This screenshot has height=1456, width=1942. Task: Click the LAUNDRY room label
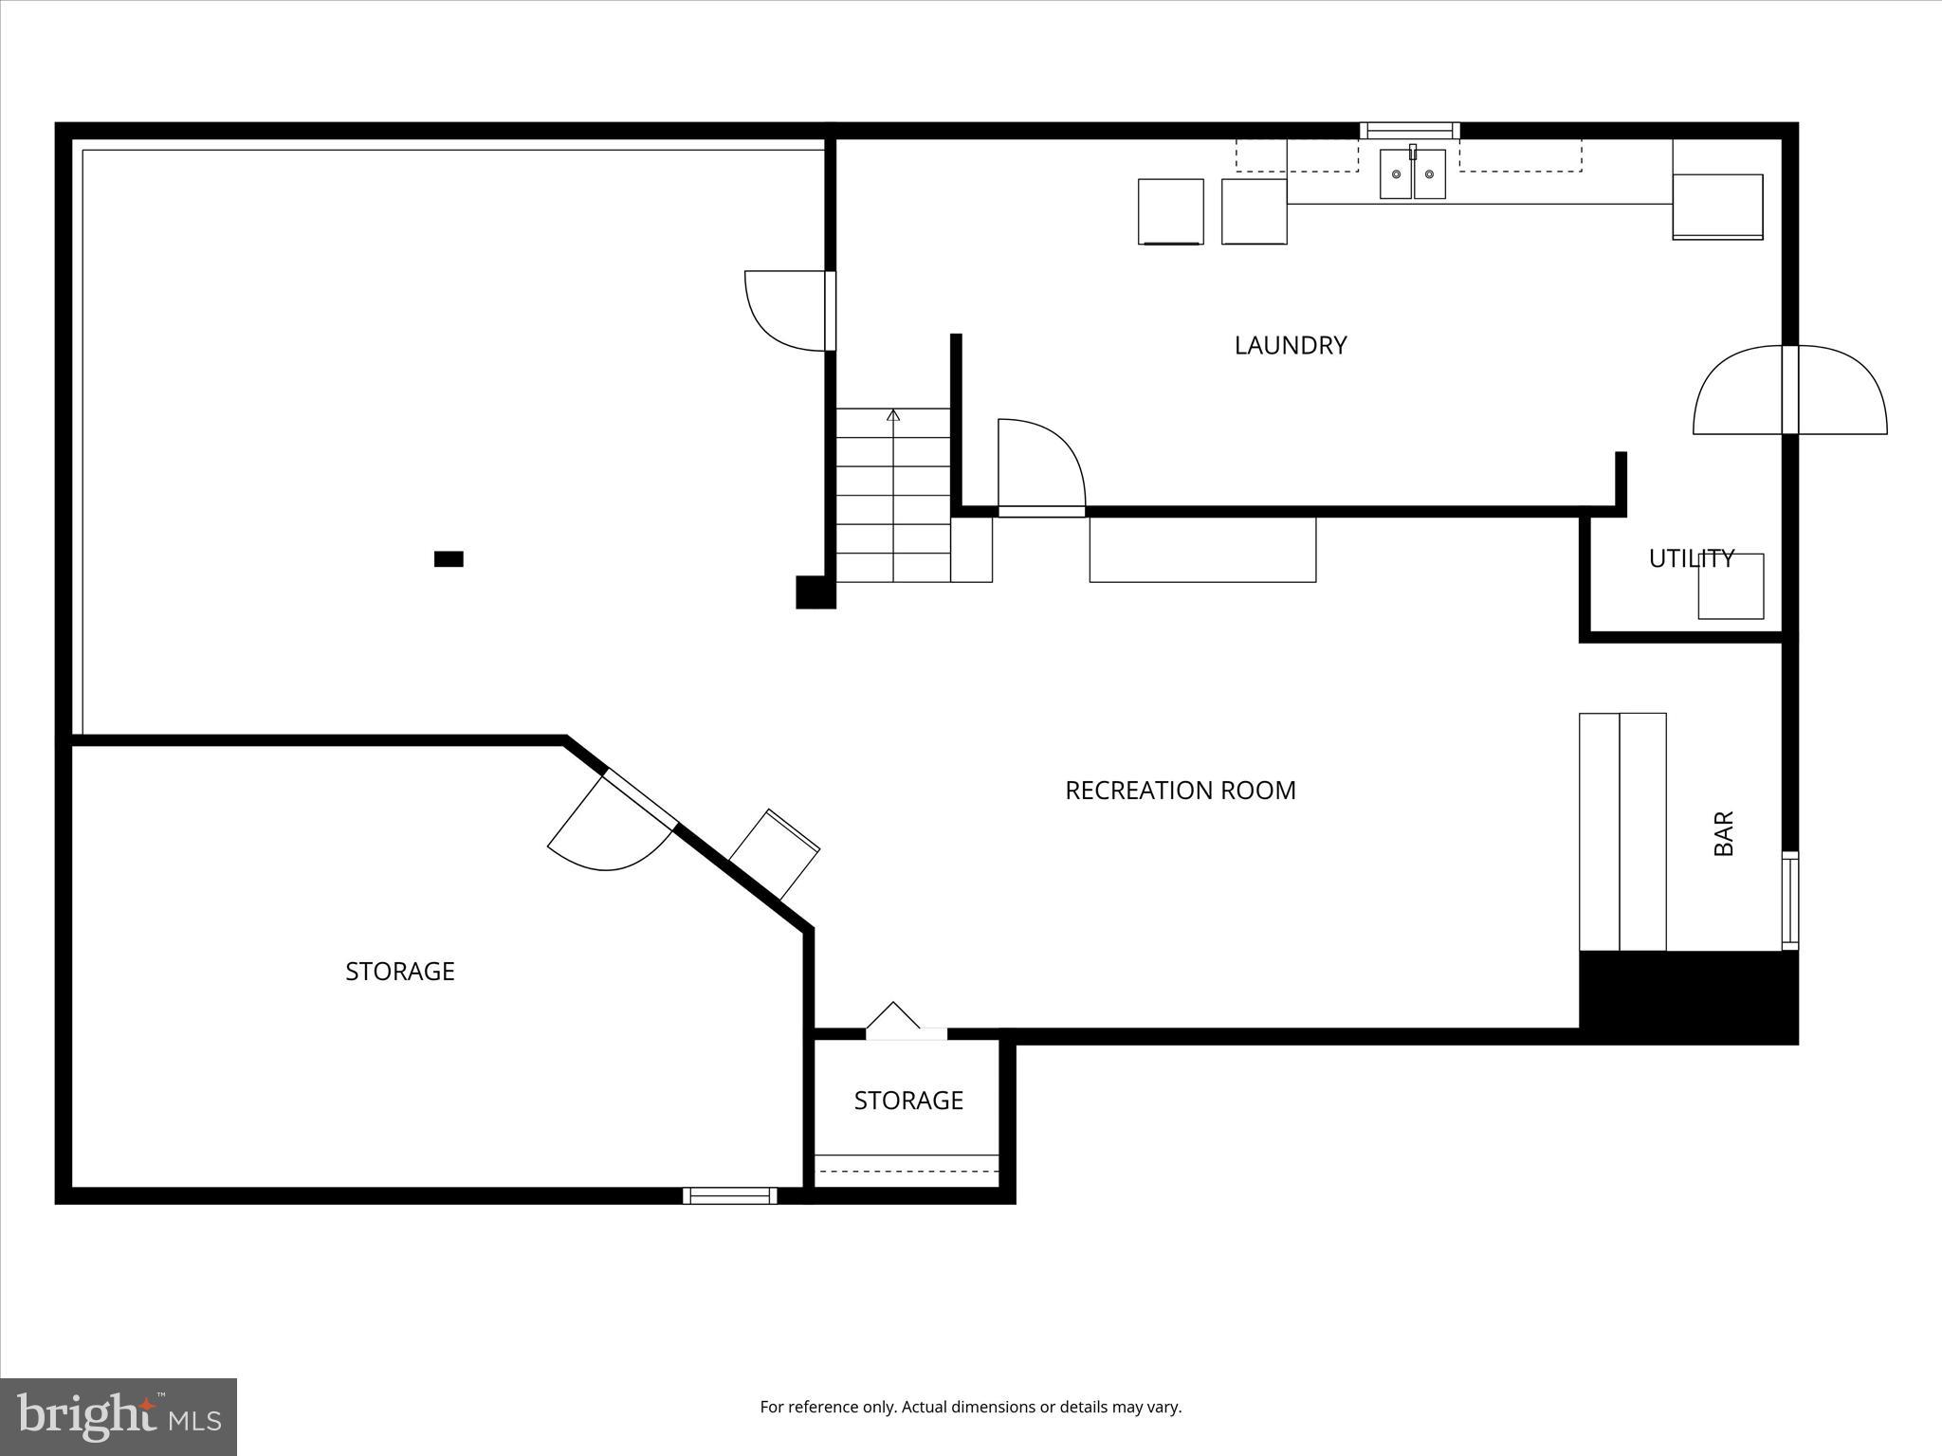(1290, 345)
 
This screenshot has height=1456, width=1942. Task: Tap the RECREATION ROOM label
(1180, 791)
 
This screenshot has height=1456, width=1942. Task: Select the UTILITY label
(1691, 559)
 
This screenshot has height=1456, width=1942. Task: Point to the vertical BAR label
(1724, 833)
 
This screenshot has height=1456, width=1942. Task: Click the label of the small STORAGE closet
(908, 1101)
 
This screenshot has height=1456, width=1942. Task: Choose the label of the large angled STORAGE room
(399, 972)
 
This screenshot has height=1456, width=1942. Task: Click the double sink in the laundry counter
(1412, 174)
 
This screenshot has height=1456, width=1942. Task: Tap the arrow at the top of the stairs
(892, 415)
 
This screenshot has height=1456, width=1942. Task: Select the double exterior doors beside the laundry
(1789, 391)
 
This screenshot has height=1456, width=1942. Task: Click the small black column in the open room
(449, 559)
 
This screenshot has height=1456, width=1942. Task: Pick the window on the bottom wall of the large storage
(729, 1196)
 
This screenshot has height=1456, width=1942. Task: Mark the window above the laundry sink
(1409, 131)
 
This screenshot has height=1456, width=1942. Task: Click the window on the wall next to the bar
(1789, 901)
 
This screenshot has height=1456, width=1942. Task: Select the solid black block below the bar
(1688, 996)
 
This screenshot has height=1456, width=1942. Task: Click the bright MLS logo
(119, 1417)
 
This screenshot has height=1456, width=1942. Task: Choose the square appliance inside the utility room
(1731, 587)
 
